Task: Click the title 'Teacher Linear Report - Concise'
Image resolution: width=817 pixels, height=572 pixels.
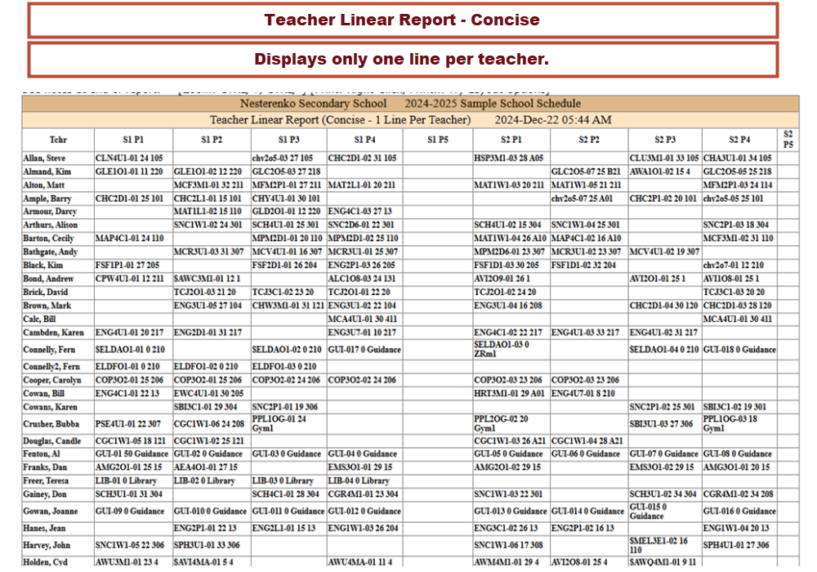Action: tap(402, 20)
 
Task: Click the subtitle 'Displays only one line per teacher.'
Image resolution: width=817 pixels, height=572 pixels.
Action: tap(402, 60)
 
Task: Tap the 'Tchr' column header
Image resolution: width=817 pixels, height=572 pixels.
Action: tap(57, 140)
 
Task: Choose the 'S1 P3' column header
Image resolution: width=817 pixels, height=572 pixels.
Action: tap(288, 140)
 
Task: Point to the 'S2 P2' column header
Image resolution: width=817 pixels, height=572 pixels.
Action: tap(588, 140)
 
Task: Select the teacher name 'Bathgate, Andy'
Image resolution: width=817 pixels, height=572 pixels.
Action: tap(51, 252)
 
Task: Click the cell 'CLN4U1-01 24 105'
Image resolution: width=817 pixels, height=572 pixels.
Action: tap(129, 158)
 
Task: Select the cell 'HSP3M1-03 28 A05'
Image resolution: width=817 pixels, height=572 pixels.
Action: tap(508, 158)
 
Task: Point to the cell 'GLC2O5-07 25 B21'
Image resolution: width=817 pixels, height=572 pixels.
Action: tap(586, 172)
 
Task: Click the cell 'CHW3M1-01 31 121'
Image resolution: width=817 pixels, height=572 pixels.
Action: tap(288, 306)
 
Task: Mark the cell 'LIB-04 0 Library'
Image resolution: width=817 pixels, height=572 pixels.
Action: tap(359, 481)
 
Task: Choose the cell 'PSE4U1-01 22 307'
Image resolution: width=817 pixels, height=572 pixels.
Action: tap(128, 424)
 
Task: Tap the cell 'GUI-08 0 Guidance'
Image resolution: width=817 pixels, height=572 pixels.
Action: tap(737, 454)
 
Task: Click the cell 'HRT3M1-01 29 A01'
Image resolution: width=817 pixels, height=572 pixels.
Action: tap(508, 393)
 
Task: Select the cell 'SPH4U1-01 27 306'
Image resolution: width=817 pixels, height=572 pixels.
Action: tap(736, 545)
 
